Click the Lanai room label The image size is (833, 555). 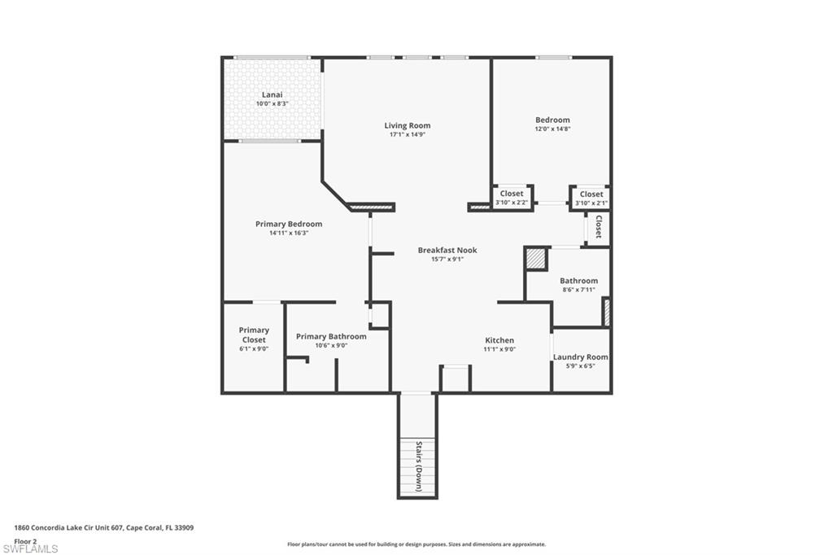[x=272, y=94]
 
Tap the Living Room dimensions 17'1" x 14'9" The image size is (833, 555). [x=408, y=134]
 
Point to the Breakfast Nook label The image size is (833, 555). [x=447, y=250]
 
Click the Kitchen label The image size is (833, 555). [x=499, y=340]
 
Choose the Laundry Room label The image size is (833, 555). [x=581, y=356]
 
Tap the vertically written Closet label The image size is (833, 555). [x=598, y=226]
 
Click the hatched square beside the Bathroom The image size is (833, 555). [x=535, y=259]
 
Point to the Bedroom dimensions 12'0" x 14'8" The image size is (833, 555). [x=552, y=129]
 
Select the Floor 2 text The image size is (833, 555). [x=25, y=540]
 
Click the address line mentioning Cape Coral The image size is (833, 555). [x=103, y=527]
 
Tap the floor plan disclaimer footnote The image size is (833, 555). [x=416, y=544]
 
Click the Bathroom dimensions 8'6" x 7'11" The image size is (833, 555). [x=578, y=290]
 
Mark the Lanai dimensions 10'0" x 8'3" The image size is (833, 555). [x=272, y=103]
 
